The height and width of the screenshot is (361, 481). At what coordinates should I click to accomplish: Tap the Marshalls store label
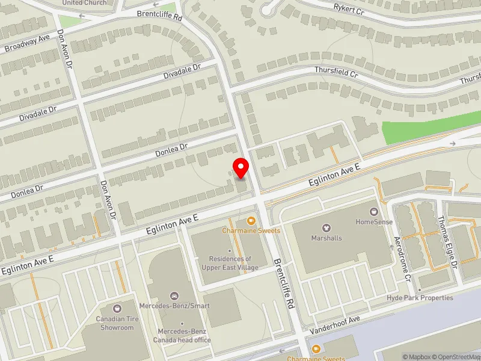click(x=326, y=238)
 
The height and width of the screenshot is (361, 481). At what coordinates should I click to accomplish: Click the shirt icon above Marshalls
click(x=326, y=228)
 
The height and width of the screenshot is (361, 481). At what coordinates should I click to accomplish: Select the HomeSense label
click(x=374, y=221)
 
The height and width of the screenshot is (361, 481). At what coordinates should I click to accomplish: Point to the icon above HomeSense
click(x=374, y=212)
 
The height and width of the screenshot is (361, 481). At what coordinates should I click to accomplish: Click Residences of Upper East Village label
click(x=227, y=263)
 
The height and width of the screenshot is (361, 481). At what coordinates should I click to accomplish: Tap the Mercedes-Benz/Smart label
click(x=174, y=306)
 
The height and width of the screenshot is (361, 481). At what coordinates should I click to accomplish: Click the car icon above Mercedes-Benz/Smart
click(x=174, y=296)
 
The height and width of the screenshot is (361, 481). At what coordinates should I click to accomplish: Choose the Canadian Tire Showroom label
click(x=115, y=324)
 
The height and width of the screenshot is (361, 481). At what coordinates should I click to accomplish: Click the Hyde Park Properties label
click(x=420, y=298)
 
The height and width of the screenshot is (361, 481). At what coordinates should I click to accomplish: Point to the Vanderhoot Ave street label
click(x=334, y=325)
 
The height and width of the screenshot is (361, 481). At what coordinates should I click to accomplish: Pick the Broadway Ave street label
click(x=26, y=43)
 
